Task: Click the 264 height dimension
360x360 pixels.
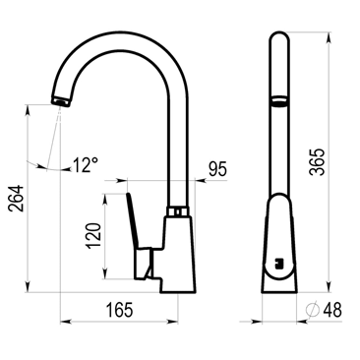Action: tap(17, 198)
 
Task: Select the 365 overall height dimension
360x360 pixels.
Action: tap(317, 162)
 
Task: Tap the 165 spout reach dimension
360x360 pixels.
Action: tap(119, 310)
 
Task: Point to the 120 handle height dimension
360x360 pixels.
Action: tap(93, 235)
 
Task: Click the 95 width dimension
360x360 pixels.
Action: tap(217, 169)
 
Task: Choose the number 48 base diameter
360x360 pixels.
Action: tap(332, 310)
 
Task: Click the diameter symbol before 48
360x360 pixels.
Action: tap(313, 309)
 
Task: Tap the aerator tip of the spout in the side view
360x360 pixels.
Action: tap(61, 100)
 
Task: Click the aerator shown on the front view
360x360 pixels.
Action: tap(279, 99)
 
